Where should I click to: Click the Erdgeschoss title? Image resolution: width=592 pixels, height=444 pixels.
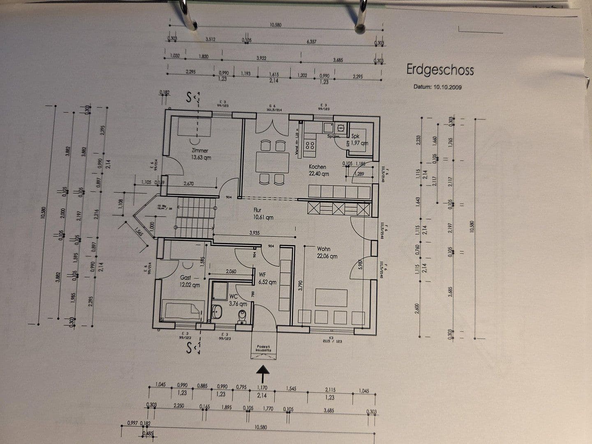[x=440, y=69]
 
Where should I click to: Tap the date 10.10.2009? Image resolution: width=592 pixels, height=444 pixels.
[x=437, y=87]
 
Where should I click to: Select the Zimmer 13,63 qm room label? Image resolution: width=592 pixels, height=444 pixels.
[x=200, y=154]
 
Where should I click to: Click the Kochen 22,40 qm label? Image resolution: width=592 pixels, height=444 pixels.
[x=319, y=170]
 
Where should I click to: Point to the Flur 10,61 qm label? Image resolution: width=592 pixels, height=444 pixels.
[x=263, y=214]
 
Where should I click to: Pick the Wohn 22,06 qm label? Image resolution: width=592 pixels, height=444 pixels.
[x=327, y=252]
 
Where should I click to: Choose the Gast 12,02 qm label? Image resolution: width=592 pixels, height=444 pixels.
[x=190, y=281]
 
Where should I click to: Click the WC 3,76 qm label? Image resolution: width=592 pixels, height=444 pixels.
[x=238, y=300]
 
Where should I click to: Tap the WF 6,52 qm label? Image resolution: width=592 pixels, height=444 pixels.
[x=267, y=278]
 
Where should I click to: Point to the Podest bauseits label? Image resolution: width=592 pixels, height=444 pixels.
[x=264, y=348]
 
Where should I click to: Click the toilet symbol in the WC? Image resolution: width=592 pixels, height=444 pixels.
[x=243, y=317]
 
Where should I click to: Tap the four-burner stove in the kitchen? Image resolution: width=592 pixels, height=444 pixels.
[x=310, y=145]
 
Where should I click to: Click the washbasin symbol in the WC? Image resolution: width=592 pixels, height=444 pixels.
[x=217, y=312]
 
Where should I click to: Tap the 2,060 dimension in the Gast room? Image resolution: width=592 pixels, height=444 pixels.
[x=231, y=271]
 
